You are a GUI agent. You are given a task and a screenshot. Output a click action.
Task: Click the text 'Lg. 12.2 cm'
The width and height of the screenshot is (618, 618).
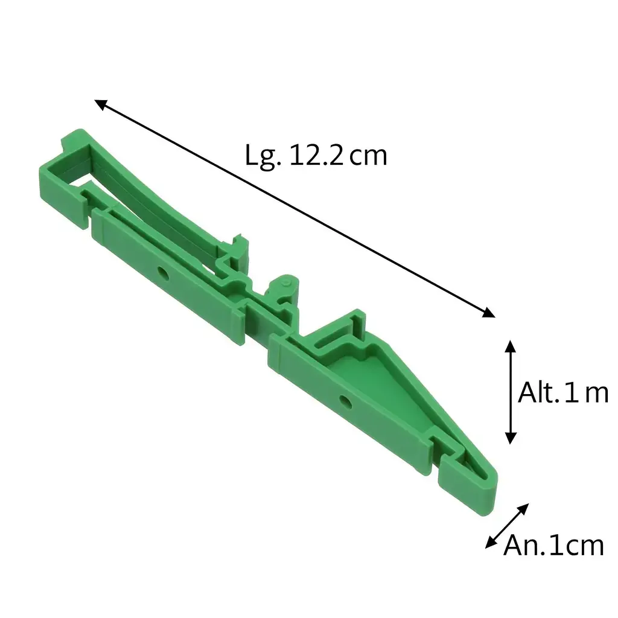point(316,156)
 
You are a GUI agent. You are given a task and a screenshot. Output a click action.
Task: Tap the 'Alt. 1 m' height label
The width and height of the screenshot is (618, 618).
point(563,393)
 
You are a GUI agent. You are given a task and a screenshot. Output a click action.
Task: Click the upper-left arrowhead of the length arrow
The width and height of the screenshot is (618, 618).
point(100,104)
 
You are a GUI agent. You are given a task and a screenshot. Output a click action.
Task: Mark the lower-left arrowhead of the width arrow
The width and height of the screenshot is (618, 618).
point(490,543)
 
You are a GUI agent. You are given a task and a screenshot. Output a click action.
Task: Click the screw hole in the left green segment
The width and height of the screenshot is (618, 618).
point(163,273)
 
